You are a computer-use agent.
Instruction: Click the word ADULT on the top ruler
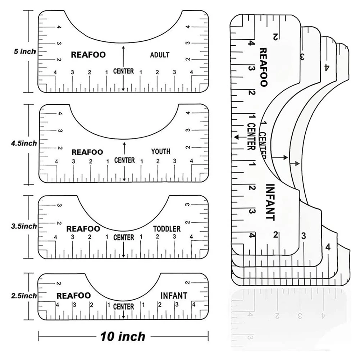coord(160,55)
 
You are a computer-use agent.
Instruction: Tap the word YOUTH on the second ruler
coord(160,151)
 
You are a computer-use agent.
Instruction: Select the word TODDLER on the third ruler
coord(167,229)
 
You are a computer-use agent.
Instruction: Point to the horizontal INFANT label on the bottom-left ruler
coord(174,296)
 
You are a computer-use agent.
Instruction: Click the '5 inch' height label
coord(25,51)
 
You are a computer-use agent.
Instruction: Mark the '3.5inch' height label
coord(24,226)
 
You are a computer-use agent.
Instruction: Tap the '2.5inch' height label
coord(24,296)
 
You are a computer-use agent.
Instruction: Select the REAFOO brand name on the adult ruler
coord(88,55)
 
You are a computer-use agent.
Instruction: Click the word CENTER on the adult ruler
coord(123,71)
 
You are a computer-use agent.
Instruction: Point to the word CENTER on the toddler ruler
coord(123,237)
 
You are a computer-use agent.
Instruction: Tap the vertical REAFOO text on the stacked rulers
coord(263,67)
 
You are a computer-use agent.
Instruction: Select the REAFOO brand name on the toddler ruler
coord(83,229)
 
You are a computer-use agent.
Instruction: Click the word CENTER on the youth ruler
coord(124,160)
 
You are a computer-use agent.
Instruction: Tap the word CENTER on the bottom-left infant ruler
coord(123,306)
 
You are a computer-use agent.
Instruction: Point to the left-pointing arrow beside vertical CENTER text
coord(237,137)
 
